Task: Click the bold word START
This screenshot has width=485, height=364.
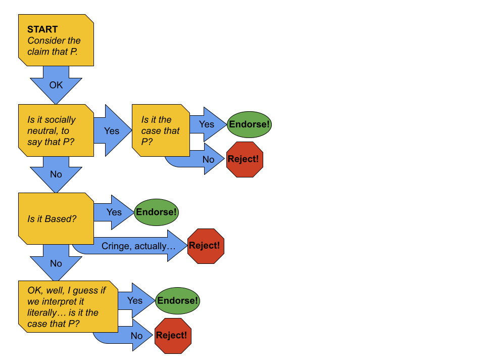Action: click(x=42, y=29)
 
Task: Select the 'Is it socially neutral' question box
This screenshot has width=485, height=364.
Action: click(x=56, y=130)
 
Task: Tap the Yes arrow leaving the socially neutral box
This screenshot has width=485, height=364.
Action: click(x=112, y=130)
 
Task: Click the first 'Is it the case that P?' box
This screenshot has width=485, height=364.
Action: click(x=161, y=130)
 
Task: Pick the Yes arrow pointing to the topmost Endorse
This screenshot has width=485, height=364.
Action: click(x=207, y=124)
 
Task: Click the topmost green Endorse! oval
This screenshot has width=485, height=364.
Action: click(x=249, y=124)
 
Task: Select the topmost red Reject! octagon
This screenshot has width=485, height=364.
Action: click(x=245, y=159)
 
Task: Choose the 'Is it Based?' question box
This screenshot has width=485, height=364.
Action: click(x=56, y=218)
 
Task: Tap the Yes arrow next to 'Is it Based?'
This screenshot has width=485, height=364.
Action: click(x=114, y=212)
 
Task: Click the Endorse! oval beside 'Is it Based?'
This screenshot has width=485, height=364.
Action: click(x=156, y=212)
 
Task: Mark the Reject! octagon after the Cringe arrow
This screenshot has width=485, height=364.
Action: click(x=206, y=246)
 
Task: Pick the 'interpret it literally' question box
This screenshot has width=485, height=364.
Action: click(x=67, y=307)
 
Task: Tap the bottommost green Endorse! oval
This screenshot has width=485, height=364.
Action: click(x=177, y=301)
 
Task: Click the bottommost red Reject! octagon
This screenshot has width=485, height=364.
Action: click(x=173, y=336)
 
